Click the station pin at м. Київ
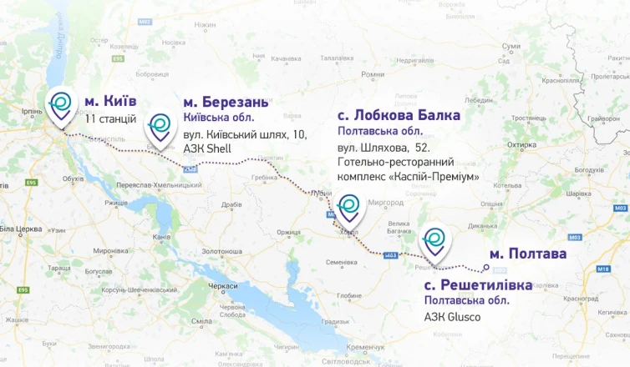pyautogui.click(x=61, y=103)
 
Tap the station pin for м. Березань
pyautogui.click(x=160, y=128)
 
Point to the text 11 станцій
pyautogui.click(x=110, y=118)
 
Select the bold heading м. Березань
pyautogui.click(x=226, y=102)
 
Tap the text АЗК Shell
pyautogui.click(x=206, y=148)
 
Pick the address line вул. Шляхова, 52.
pyautogui.click(x=377, y=147)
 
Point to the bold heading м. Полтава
pyautogui.click(x=527, y=254)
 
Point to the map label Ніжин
pyautogui.click(x=205, y=25)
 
